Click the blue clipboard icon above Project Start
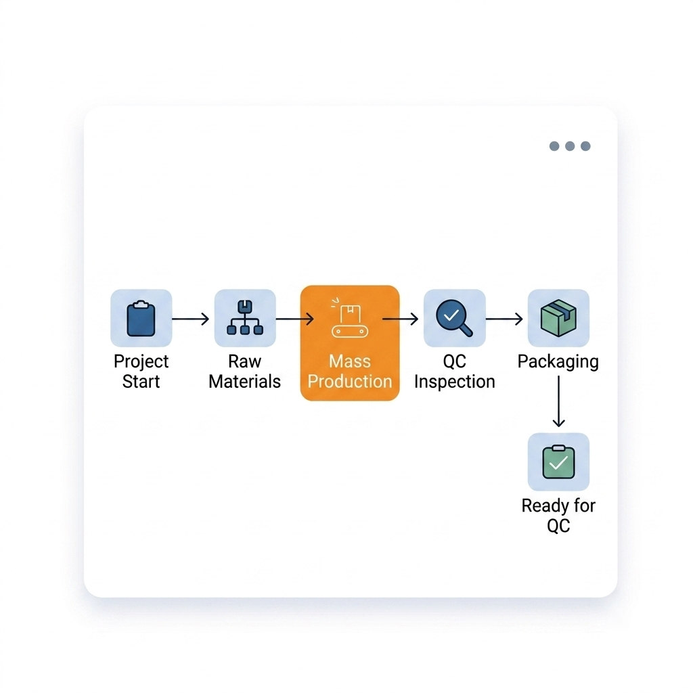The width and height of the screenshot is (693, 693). click(x=141, y=318)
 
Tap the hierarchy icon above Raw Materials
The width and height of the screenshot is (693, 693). click(x=245, y=317)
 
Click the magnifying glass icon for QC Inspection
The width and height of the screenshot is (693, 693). click(x=454, y=318)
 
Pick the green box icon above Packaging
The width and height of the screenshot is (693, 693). click(x=558, y=318)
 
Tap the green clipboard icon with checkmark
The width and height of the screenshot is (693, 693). click(x=558, y=462)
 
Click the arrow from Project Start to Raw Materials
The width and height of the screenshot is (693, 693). click(x=190, y=319)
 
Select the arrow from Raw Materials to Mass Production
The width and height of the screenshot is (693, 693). click(x=295, y=319)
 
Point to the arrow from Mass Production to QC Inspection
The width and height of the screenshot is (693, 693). click(x=400, y=319)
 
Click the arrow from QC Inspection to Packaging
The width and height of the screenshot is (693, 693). click(x=504, y=319)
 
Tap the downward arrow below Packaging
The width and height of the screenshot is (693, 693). click(x=558, y=401)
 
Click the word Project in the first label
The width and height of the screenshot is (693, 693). click(x=141, y=361)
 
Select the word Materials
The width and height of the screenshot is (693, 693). click(x=244, y=382)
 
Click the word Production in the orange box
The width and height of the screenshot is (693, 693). click(x=350, y=382)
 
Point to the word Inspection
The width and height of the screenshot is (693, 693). click(x=454, y=382)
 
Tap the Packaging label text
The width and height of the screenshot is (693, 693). click(x=558, y=362)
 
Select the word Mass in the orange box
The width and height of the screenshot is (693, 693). click(x=350, y=361)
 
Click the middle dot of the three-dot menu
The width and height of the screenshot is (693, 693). click(x=570, y=146)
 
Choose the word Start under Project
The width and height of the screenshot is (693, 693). click(x=141, y=382)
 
